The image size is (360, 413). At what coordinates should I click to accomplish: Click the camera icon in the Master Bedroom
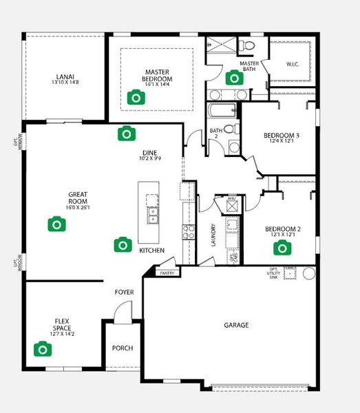click(x=137, y=98)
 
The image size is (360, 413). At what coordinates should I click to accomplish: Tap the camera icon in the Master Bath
click(x=235, y=78)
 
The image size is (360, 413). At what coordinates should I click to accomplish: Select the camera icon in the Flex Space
click(x=43, y=349)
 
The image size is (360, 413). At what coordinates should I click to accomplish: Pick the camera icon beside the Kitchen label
click(x=123, y=244)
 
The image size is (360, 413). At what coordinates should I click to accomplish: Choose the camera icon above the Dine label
click(x=125, y=133)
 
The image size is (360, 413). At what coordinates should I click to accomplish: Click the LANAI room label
click(x=65, y=77)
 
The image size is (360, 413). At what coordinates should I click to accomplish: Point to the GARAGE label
click(x=236, y=325)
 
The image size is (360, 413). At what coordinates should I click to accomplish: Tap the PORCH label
click(x=123, y=348)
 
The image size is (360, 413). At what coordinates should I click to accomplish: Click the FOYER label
click(x=125, y=293)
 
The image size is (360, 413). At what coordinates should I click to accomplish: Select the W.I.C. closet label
click(x=293, y=65)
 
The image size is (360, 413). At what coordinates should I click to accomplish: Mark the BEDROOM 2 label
click(x=281, y=229)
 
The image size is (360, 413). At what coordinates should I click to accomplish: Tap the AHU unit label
click(x=231, y=200)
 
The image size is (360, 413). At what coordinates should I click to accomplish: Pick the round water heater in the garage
click(x=308, y=273)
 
